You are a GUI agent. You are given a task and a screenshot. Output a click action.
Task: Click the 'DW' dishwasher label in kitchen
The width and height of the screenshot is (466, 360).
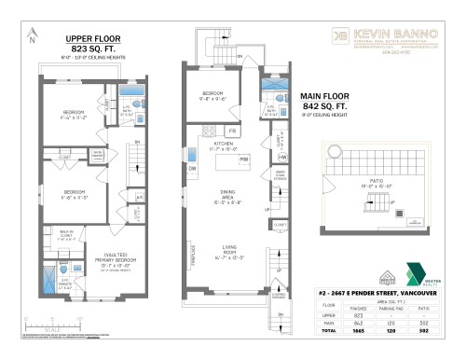(x=191, y=170)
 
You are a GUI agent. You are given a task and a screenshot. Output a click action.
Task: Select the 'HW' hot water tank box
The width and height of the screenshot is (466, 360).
(x=281, y=159)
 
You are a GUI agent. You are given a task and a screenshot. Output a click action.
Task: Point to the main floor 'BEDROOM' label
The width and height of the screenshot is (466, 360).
(x=213, y=92)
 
